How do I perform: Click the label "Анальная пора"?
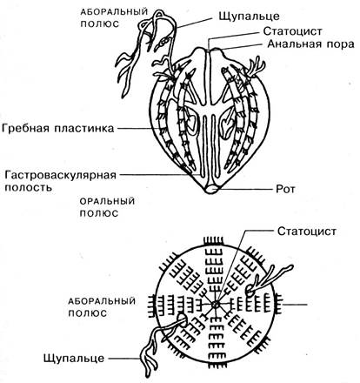pos(310,44)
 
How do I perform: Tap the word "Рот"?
pos(285,190)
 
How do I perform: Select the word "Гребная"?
pos(25,128)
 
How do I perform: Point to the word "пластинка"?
pos(84,128)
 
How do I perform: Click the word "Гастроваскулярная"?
pos(61,175)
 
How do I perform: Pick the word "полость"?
pos(29,187)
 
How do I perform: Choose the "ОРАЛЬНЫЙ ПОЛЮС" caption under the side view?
pos(107,207)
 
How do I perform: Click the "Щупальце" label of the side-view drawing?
pos(250,16)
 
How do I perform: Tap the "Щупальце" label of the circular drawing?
pos(74,358)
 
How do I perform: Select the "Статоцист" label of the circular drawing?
pos(307,232)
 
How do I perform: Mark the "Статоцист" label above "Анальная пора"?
pos(293,30)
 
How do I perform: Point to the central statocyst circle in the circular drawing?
pos(215,305)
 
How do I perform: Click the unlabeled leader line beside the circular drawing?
pos(295,305)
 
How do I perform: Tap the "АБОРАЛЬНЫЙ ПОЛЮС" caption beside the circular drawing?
pos(102,307)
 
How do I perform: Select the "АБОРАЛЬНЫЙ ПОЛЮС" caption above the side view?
pos(114,18)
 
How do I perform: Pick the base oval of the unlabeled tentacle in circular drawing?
pos(250,291)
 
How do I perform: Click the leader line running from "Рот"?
pos(247,190)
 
